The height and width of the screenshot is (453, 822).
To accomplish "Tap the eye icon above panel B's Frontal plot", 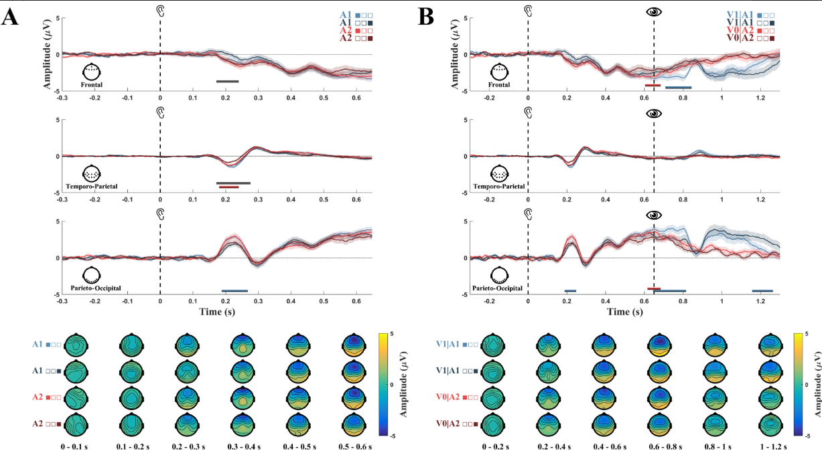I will pyautogui.click(x=654, y=11).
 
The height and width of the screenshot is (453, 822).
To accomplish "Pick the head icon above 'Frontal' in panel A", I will pyautogui.click(x=91, y=72).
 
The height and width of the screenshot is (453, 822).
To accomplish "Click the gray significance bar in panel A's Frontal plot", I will pyautogui.click(x=227, y=82).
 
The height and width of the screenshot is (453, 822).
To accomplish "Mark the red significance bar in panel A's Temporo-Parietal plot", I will pyautogui.click(x=228, y=187).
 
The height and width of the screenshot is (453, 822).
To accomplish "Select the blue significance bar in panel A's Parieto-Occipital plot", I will pyautogui.click(x=234, y=290).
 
